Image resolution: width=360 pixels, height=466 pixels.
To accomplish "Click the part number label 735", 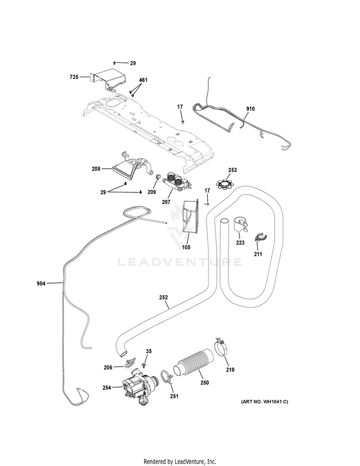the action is pyautogui.click(x=74, y=77).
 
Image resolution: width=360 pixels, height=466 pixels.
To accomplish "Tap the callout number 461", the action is pyautogui.click(x=143, y=80).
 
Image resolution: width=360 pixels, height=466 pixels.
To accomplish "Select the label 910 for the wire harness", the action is pyautogui.click(x=250, y=109).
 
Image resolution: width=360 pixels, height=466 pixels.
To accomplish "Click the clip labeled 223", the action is pyautogui.click(x=240, y=224).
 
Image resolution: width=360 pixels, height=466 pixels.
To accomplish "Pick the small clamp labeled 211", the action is pyautogui.click(x=261, y=238).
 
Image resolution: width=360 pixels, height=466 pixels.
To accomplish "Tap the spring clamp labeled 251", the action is pyautogui.click(x=167, y=377).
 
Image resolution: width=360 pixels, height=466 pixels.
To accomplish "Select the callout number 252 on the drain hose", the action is pyautogui.click(x=163, y=297).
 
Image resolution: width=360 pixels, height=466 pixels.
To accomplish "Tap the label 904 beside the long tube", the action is pyautogui.click(x=41, y=284).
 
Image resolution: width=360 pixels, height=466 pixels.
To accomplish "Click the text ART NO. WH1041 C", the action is pyautogui.click(x=264, y=402).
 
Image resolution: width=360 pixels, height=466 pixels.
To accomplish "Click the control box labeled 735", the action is pyautogui.click(x=108, y=79).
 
